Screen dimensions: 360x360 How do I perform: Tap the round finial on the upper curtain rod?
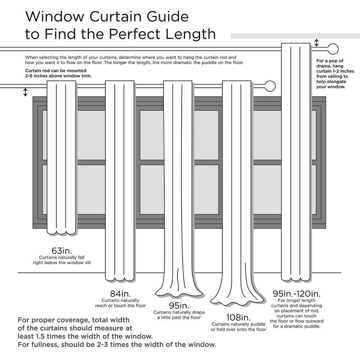pos(333,48)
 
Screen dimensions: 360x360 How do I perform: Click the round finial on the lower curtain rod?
pos(270,86)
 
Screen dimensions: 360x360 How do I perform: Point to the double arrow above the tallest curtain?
pos(316,43)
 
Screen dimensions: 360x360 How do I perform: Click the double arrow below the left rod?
pos(25,92)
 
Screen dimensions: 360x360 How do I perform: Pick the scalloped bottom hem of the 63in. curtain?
pos(62,232)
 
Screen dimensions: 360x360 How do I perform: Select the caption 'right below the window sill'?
pos(62,263)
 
